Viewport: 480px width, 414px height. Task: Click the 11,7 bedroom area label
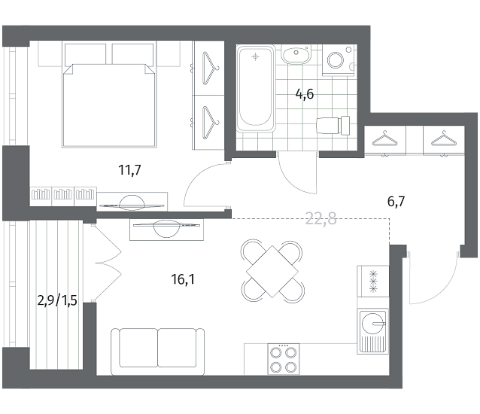(130, 170)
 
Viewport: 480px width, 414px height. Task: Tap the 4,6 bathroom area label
(305, 94)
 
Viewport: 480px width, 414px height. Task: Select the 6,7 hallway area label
(396, 202)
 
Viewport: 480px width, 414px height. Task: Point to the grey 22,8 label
(321, 219)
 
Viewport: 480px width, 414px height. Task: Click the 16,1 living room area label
(183, 279)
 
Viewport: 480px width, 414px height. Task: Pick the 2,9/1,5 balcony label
(57, 300)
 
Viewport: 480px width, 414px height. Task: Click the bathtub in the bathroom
(255, 89)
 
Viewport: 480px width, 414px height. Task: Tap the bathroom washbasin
(296, 54)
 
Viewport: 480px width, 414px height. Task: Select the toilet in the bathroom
(333, 125)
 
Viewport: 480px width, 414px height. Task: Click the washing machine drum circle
(336, 60)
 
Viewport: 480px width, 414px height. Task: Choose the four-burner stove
(284, 359)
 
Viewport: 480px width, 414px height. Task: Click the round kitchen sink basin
(372, 323)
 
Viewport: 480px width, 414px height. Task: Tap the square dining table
(272, 271)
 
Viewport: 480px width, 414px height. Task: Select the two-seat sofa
(157, 352)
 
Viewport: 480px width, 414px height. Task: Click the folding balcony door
(108, 263)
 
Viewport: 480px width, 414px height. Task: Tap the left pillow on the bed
(86, 54)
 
